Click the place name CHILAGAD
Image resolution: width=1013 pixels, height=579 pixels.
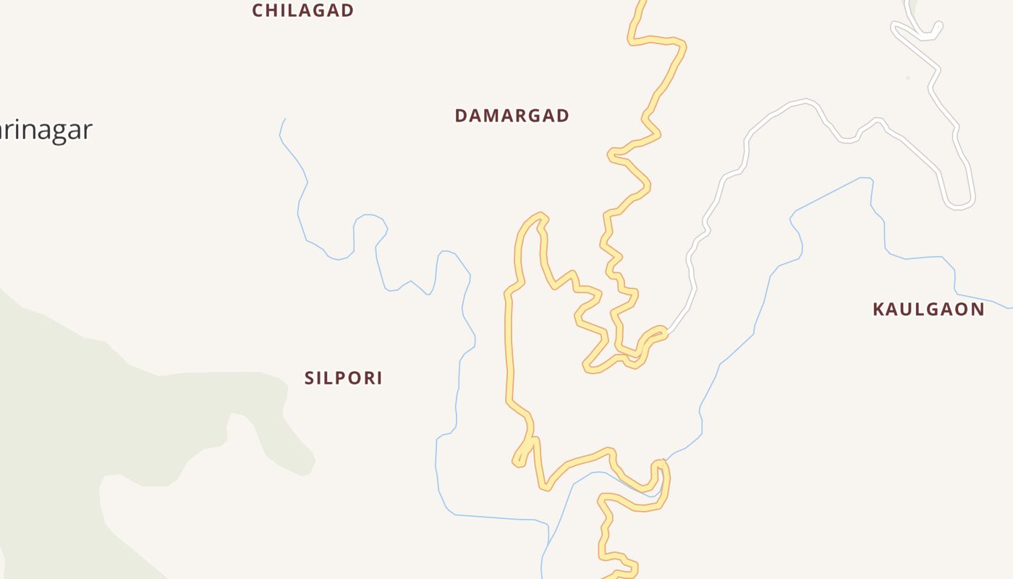[302, 10]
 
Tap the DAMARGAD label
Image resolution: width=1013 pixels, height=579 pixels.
[512, 116]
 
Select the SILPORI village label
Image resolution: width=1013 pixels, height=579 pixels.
[343, 378]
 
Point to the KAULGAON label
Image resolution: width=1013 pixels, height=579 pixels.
[928, 310]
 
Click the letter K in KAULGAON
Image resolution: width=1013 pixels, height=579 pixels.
[879, 310]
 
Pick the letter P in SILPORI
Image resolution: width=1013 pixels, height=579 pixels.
[343, 378]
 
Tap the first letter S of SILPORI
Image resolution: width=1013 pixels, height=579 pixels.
[310, 378]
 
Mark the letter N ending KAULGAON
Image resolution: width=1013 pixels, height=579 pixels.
[978, 310]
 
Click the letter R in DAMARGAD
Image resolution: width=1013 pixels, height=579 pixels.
[527, 116]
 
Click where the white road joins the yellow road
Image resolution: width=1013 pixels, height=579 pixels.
[664, 334]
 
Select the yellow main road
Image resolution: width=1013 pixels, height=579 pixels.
[509, 347]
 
